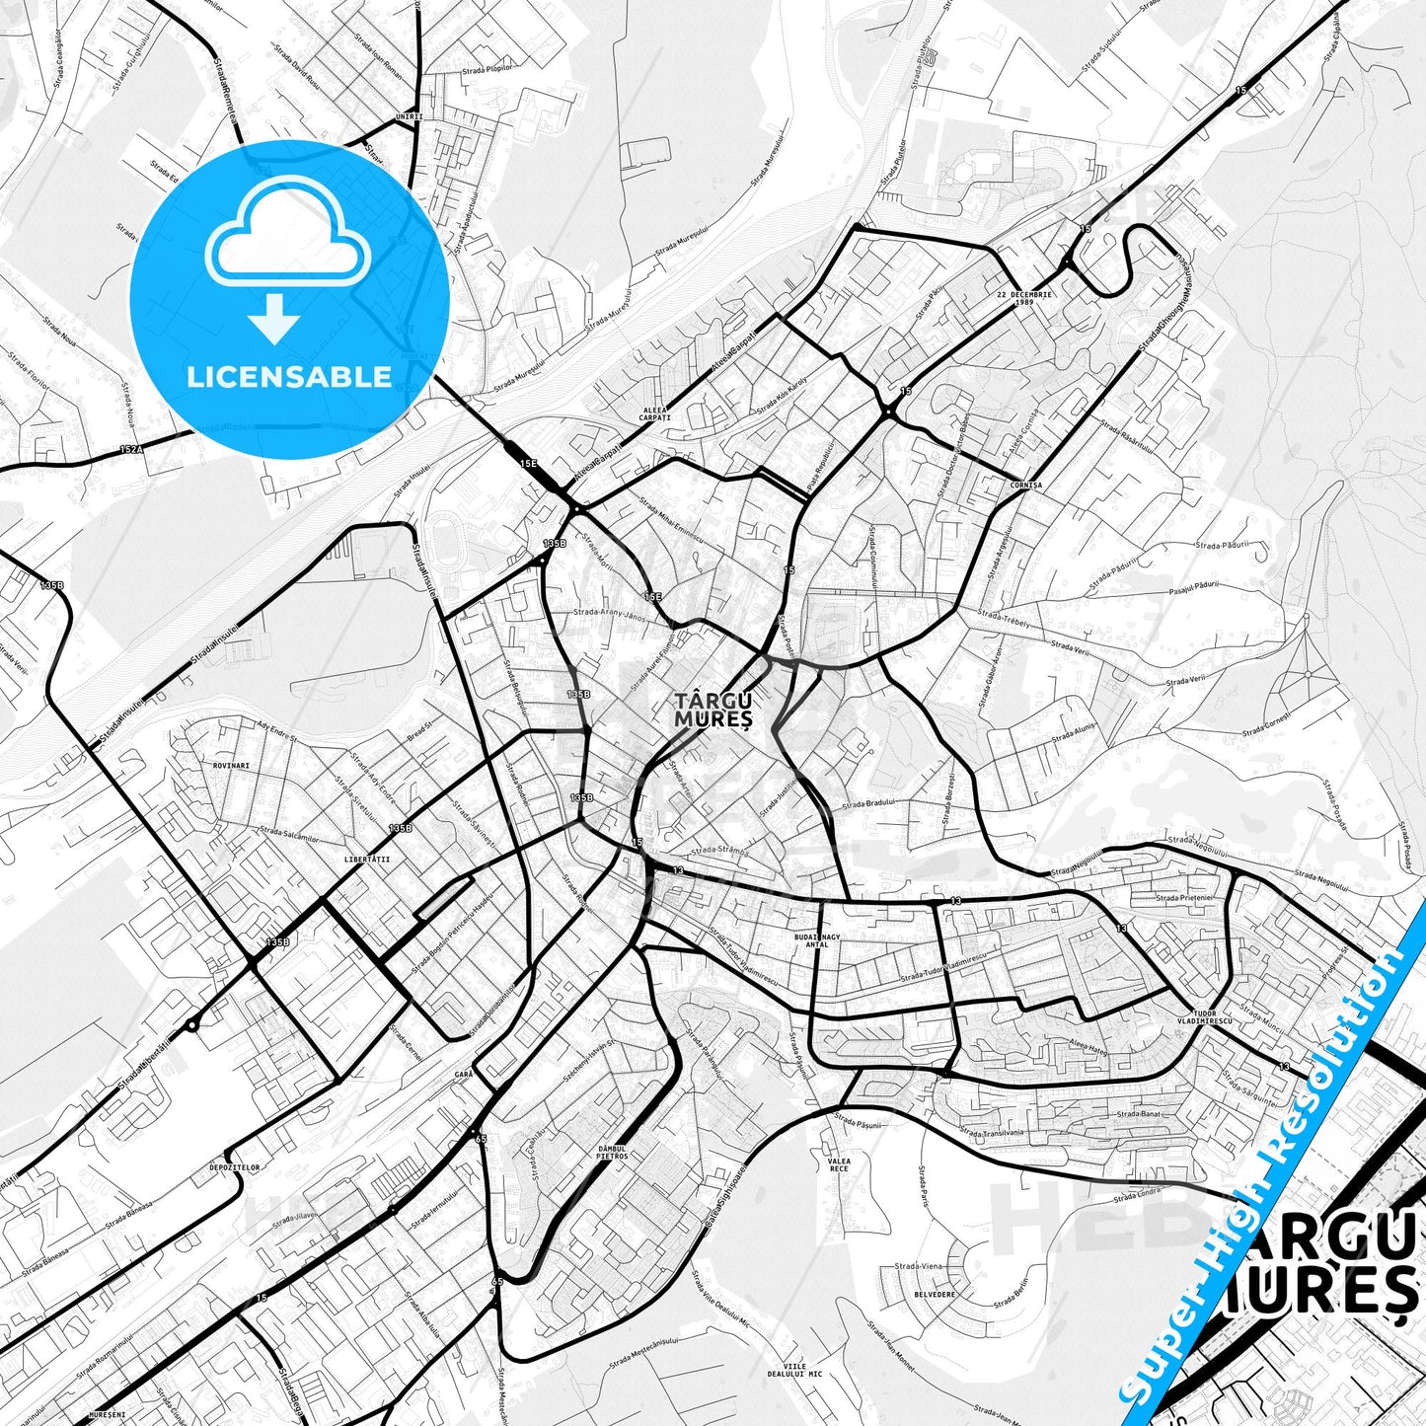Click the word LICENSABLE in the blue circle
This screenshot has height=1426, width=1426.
289,377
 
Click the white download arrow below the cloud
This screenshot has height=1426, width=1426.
275,319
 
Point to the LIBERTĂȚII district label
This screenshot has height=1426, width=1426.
367,859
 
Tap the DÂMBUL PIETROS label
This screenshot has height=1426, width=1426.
612,1152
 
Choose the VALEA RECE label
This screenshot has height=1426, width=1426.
839,1165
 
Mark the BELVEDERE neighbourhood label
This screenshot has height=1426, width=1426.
935,1293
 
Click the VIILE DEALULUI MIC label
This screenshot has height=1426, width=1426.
794,1370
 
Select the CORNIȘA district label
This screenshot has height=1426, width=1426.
1026,486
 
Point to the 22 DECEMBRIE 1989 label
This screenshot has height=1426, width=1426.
1023,299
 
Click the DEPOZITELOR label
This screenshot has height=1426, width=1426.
235,1166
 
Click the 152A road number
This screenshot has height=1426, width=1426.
131,448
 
